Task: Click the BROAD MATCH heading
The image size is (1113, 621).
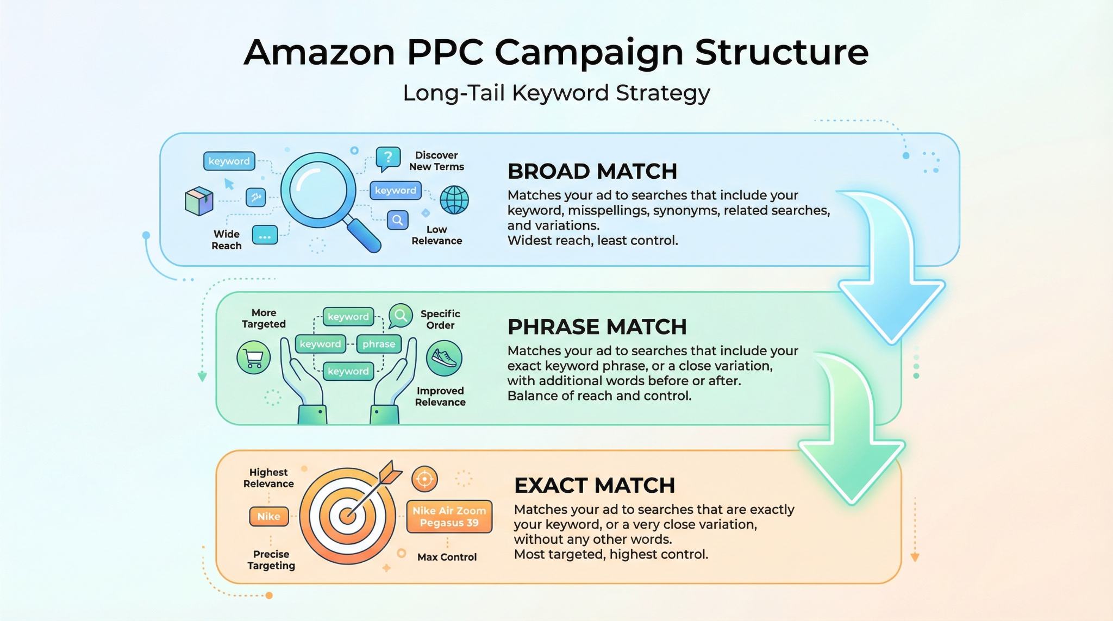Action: (x=592, y=172)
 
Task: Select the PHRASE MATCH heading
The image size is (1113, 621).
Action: (x=597, y=327)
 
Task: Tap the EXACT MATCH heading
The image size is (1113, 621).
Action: (x=595, y=486)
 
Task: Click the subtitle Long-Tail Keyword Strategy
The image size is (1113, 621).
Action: (x=556, y=93)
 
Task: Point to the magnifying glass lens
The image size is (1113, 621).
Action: (x=318, y=190)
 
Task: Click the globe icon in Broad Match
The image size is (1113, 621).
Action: (x=454, y=199)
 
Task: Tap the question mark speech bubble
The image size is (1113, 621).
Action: (x=388, y=158)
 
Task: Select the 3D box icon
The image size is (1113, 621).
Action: (x=199, y=201)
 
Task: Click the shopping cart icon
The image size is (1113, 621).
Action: (x=254, y=357)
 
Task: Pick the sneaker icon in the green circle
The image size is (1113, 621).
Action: (x=444, y=358)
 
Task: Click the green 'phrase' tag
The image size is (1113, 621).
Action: (x=379, y=344)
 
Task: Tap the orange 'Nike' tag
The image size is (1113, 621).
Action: (x=268, y=516)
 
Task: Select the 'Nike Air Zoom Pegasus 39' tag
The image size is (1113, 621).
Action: (x=449, y=517)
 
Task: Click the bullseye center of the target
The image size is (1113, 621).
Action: (x=347, y=515)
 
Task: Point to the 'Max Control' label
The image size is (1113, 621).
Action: (x=447, y=557)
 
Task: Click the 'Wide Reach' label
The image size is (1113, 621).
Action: (x=227, y=240)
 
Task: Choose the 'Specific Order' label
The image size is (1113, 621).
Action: (x=440, y=319)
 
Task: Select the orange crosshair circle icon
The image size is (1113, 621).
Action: (x=424, y=479)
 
